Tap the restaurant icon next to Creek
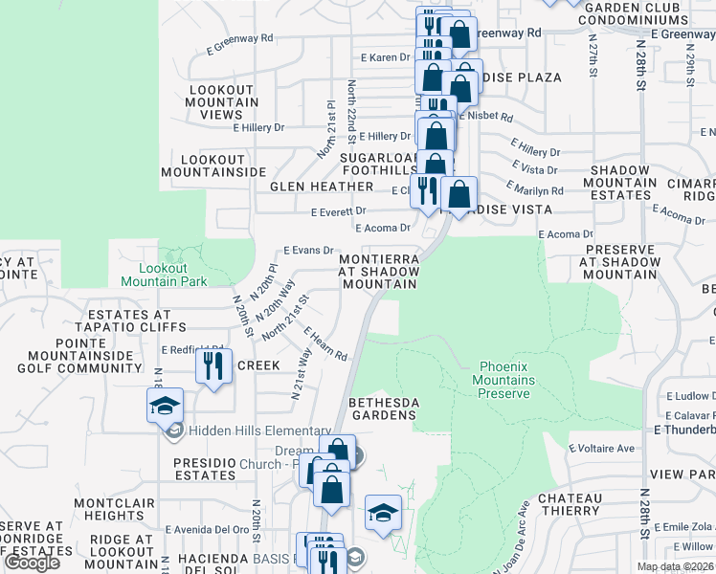(213, 365)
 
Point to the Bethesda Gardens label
(382, 408)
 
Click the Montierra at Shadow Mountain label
(379, 272)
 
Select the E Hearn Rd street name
(326, 344)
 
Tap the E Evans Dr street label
(306, 249)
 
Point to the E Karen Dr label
(385, 58)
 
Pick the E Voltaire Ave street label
(601, 448)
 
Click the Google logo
(33, 563)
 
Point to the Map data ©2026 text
(677, 566)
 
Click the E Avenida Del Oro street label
(207, 529)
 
